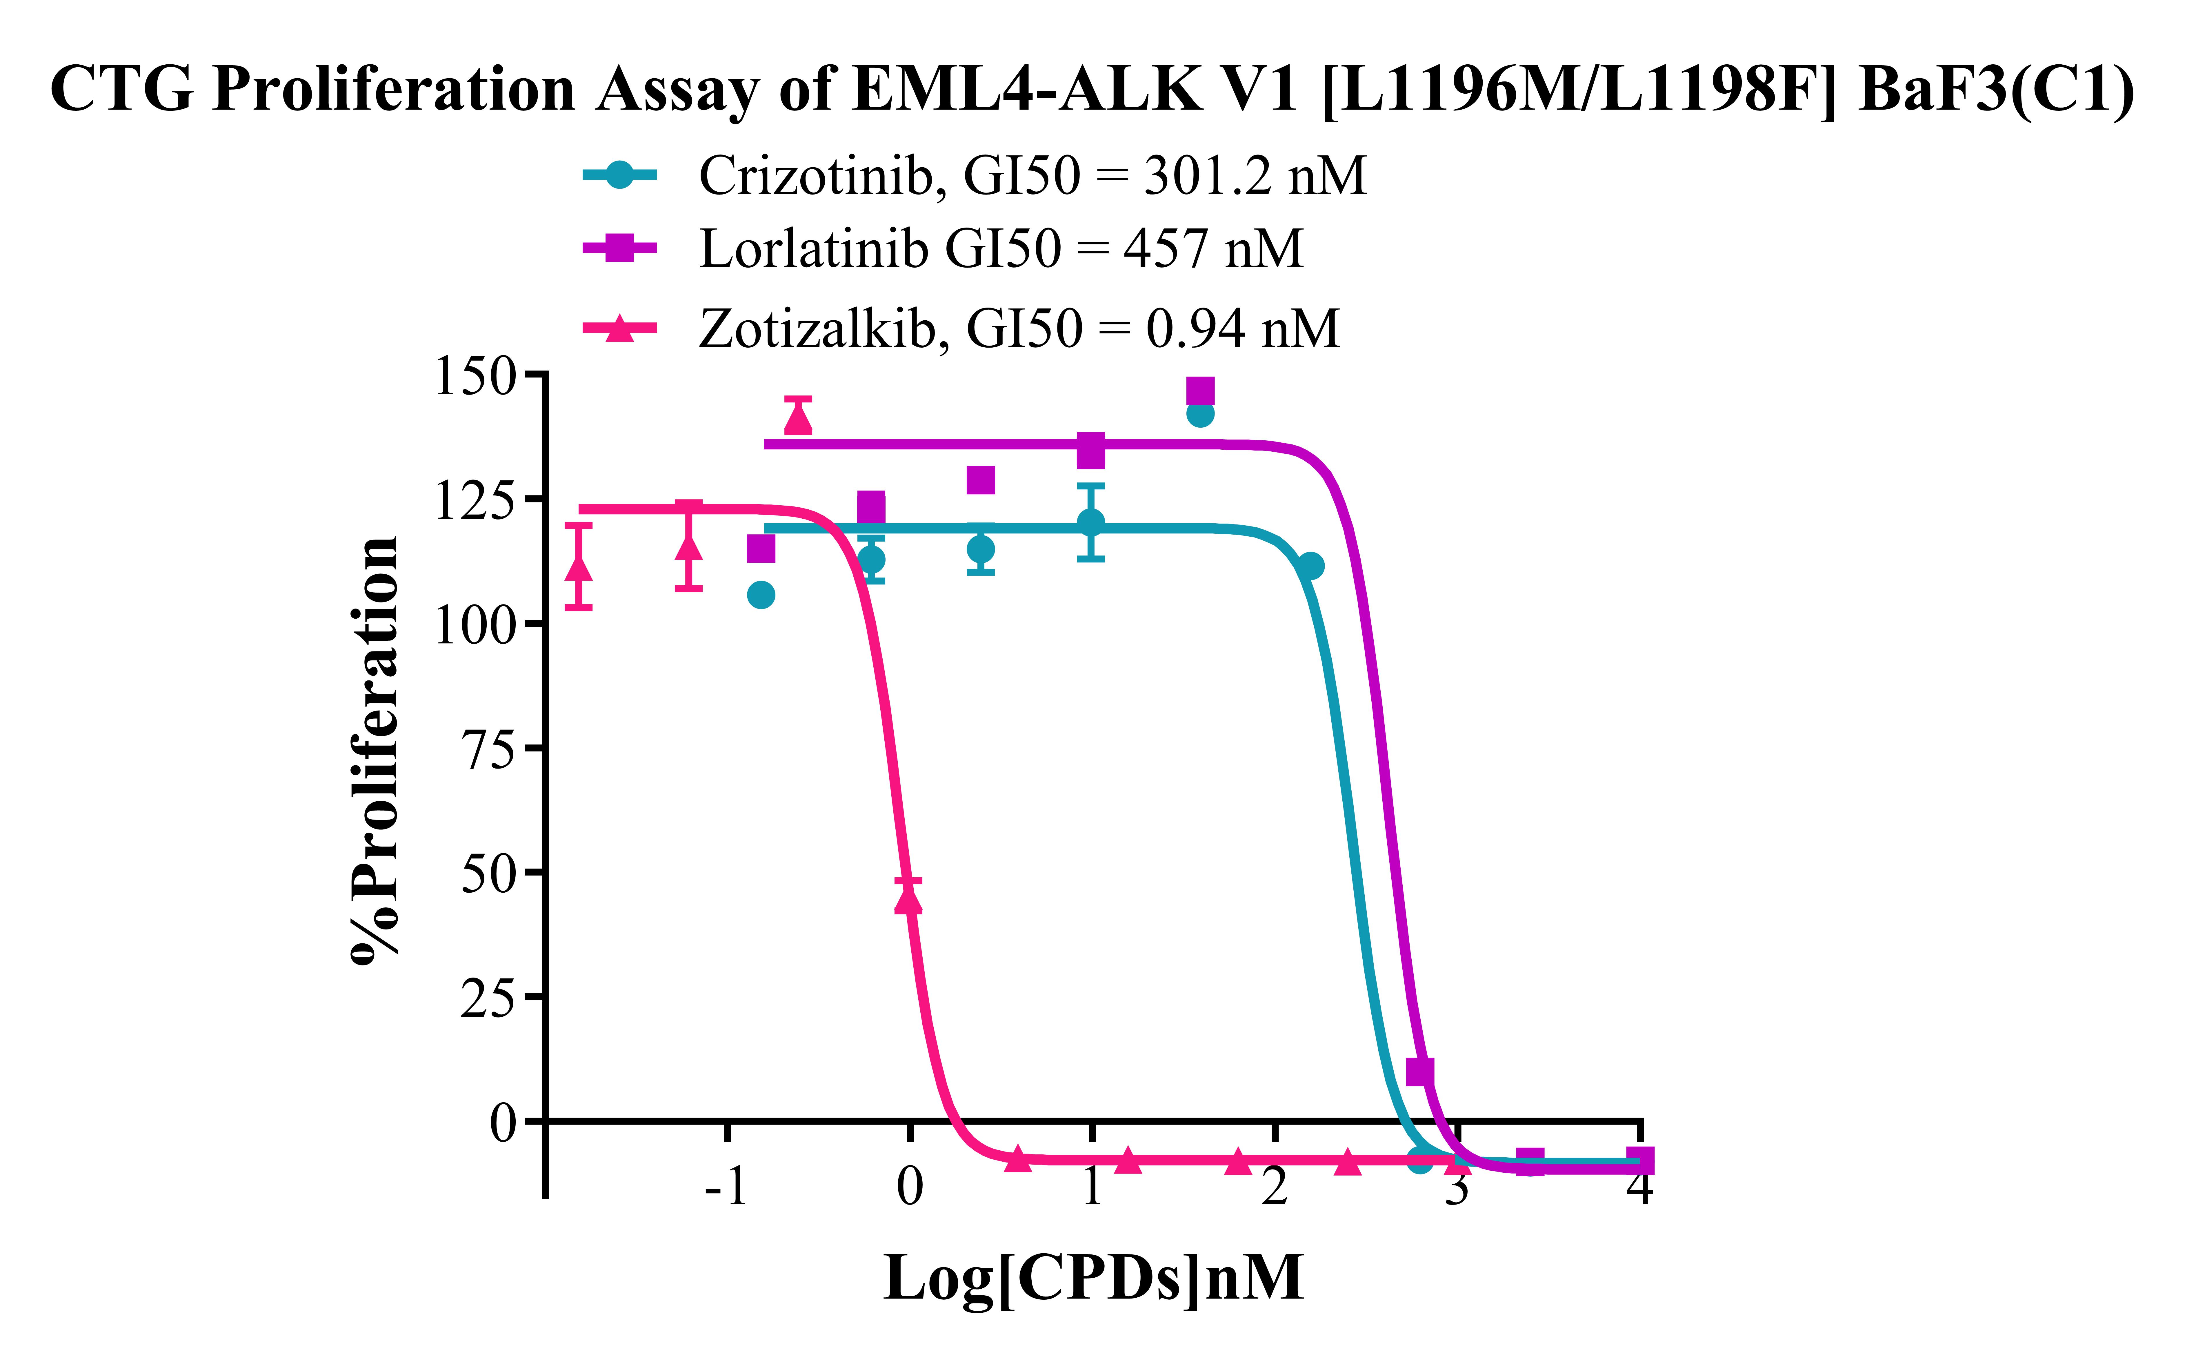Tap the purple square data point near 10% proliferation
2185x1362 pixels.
(x=1419, y=1071)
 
